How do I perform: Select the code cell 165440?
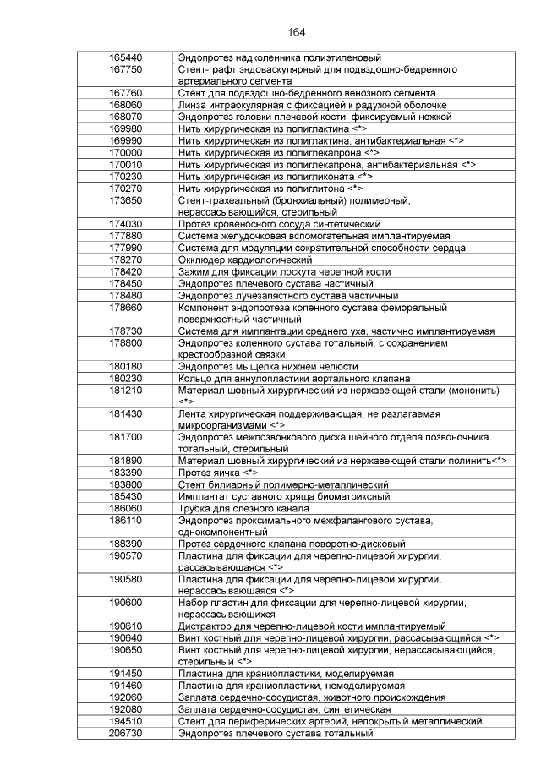(x=125, y=57)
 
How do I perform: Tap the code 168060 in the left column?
(x=125, y=104)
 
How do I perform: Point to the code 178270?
(x=125, y=260)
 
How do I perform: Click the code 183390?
(x=125, y=471)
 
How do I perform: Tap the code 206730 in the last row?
(x=125, y=733)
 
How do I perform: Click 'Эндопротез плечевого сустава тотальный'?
(x=275, y=733)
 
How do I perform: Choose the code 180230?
(x=125, y=378)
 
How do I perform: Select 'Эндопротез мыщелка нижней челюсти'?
(x=267, y=366)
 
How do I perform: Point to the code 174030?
(x=125, y=224)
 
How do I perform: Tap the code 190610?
(x=125, y=625)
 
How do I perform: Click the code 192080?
(x=125, y=709)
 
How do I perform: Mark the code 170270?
(x=125, y=189)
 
